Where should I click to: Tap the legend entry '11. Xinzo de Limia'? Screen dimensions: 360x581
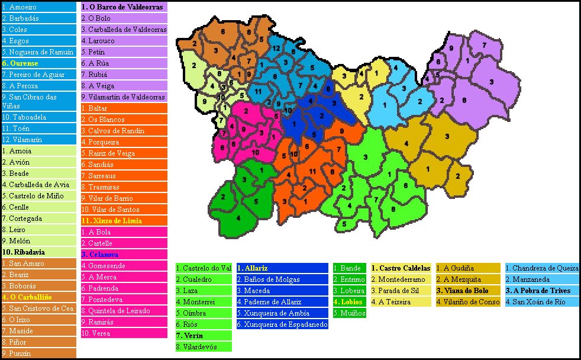click(112, 221)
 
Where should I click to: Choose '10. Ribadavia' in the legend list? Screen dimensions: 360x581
click(25, 252)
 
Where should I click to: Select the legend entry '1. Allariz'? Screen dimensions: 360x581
click(254, 268)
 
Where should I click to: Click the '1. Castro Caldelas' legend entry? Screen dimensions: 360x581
click(400, 268)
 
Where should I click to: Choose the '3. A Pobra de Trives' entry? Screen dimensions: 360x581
click(537, 291)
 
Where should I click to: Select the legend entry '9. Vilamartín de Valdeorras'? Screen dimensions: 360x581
click(124, 97)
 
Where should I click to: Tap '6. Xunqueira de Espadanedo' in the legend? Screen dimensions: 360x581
click(282, 324)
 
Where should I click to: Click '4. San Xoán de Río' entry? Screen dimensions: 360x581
click(535, 302)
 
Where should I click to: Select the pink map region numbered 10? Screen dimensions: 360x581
click(256, 152)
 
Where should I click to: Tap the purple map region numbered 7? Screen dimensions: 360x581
click(484, 46)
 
